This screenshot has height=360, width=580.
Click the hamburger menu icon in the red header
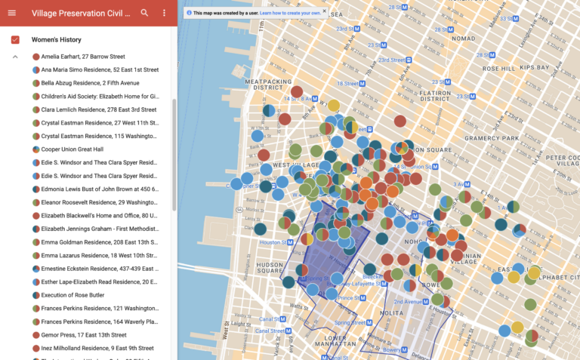pyautogui.click(x=11, y=13)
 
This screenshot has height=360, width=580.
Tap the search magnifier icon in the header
pyautogui.click(x=144, y=13)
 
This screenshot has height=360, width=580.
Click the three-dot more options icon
pyautogui.click(x=165, y=13)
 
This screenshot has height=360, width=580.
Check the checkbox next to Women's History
pyautogui.click(x=15, y=39)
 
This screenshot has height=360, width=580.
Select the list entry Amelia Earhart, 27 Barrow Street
pyautogui.click(x=83, y=57)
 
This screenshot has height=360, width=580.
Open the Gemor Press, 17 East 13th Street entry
pyautogui.click(x=83, y=335)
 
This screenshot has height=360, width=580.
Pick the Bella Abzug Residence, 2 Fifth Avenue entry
pyautogui.click(x=90, y=83)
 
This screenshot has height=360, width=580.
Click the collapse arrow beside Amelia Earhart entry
pyautogui.click(x=15, y=57)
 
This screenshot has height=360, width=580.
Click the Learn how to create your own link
pyautogui.click(x=290, y=13)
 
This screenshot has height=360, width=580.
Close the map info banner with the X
pyautogui.click(x=324, y=11)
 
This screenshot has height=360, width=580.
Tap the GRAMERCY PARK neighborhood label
pyautogui.click(x=486, y=138)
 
